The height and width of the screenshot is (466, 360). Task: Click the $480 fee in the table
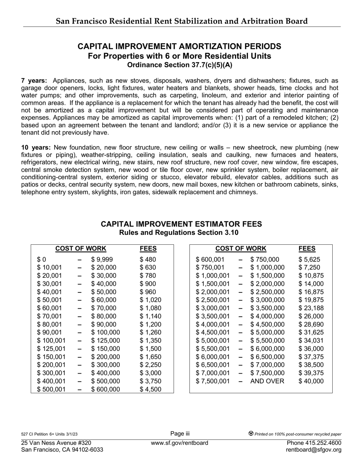[x=148, y=260]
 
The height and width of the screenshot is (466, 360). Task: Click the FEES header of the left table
[x=148, y=249]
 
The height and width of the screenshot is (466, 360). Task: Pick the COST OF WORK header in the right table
[x=241, y=249]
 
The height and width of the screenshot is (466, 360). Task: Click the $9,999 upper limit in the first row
[x=102, y=260]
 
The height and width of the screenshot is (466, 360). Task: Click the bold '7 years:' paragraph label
[x=34, y=81]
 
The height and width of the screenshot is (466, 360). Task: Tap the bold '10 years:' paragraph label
[x=36, y=147]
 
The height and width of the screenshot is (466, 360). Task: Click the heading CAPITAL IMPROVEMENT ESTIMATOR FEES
[x=181, y=224]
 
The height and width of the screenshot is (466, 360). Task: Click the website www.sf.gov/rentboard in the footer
[x=180, y=443]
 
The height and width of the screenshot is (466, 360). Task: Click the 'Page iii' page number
[x=180, y=434]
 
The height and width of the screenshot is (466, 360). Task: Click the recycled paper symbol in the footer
[x=251, y=433]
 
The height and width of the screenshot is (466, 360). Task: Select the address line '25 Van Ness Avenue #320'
[x=56, y=443]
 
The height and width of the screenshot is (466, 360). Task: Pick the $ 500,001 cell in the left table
[x=51, y=389]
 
